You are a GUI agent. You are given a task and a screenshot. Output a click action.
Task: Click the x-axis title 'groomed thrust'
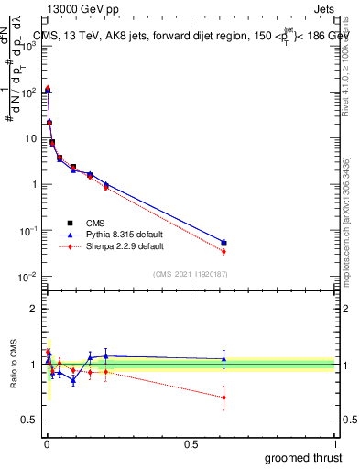tap(305, 456)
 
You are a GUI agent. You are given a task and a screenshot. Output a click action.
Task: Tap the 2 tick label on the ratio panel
tap(33, 309)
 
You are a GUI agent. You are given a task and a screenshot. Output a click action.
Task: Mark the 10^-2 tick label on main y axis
tap(28, 277)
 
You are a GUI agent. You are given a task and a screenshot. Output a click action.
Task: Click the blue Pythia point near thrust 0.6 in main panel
tap(224, 243)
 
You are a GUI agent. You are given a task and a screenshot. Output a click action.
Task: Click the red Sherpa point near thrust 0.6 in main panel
tap(224, 251)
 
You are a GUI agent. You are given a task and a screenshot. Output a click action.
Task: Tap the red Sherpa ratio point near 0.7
tap(224, 397)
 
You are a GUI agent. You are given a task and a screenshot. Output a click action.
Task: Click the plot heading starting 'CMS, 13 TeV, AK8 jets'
tap(188, 37)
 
